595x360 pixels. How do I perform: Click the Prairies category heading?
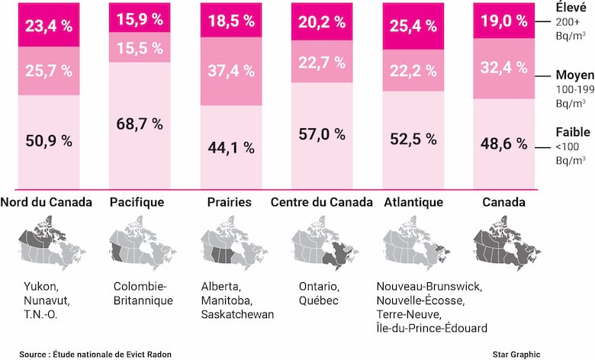(230, 203)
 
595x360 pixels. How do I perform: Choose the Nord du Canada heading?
(47, 203)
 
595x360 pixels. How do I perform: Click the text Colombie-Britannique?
(143, 294)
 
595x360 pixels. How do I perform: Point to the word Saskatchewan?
(236, 314)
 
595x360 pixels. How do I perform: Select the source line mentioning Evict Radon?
(96, 354)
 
